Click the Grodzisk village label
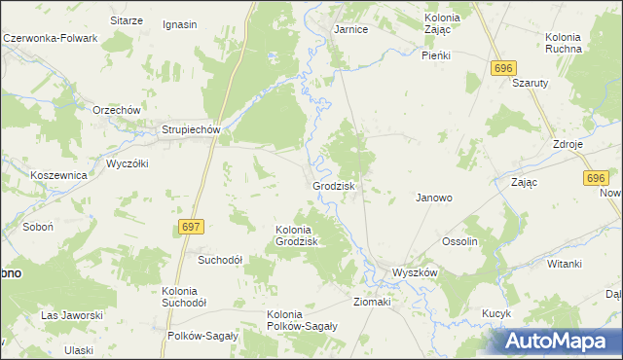pyautogui.click(x=334, y=185)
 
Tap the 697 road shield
pyautogui.click(x=192, y=227)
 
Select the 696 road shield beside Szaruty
pyautogui.click(x=502, y=67)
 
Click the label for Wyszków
pyautogui.click(x=414, y=272)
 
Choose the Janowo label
pyautogui.click(x=434, y=197)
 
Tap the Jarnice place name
pyautogui.click(x=350, y=29)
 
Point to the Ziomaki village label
pyautogui.click(x=372, y=302)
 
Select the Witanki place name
pyautogui.click(x=564, y=264)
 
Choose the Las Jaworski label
pyautogui.click(x=71, y=315)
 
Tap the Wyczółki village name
pyautogui.click(x=127, y=162)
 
